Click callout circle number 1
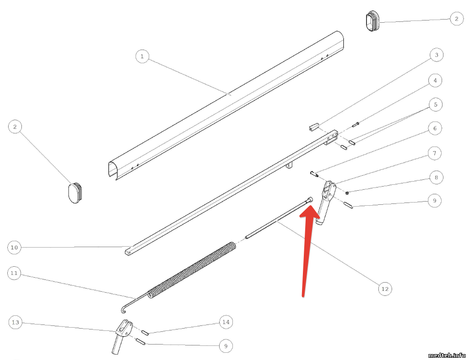(x=142, y=56)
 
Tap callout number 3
(x=437, y=55)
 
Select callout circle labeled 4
(x=435, y=81)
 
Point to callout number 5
(x=436, y=105)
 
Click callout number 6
(x=435, y=128)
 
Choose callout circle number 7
(x=435, y=153)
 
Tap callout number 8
(x=436, y=177)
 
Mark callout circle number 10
(x=15, y=248)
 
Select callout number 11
(x=15, y=273)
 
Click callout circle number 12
(x=385, y=289)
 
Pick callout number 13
(x=15, y=322)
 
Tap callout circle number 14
(x=226, y=322)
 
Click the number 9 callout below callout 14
(x=226, y=346)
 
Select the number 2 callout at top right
(x=457, y=19)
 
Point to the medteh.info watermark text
(x=447, y=355)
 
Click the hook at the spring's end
(x=123, y=309)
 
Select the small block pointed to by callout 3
(x=314, y=127)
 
